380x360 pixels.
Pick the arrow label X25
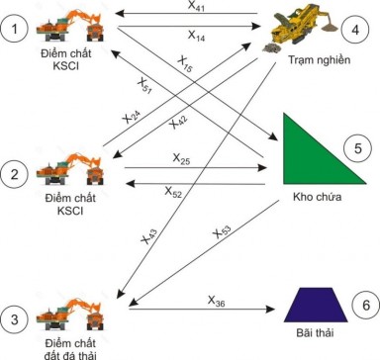coord(181,156)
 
